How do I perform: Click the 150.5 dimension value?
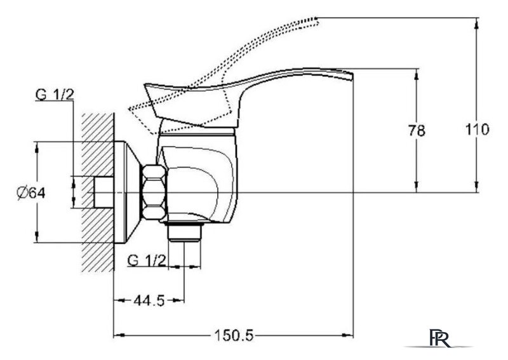pos(234,335)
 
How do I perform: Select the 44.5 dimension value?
pos(149,301)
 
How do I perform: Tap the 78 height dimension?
pos(417,131)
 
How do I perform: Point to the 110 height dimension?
pos(478,130)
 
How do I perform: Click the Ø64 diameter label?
pos(31,193)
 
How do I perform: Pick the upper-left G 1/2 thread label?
pos(55,95)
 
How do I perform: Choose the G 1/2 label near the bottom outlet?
pos(147,260)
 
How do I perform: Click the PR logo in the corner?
pos(439,338)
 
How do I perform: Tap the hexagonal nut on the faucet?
pos(154,192)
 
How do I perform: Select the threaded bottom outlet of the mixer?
pos(185,232)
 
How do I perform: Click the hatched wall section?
pos(98,192)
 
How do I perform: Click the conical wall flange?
pos(128,192)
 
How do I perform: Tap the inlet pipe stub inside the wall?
pos(104,192)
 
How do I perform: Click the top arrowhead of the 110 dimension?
pos(477,22)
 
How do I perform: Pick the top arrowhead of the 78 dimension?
pos(417,74)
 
